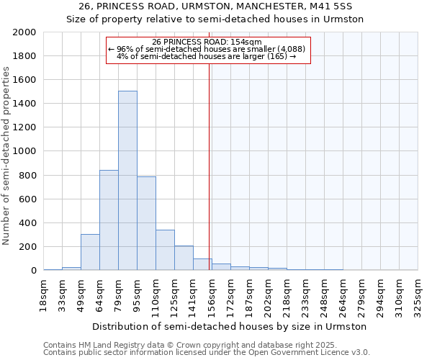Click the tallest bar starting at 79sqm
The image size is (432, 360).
[127, 181]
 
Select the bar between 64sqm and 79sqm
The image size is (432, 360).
[109, 220]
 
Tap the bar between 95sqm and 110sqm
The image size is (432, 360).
[146, 223]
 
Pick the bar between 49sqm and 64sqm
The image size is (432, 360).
[90, 252]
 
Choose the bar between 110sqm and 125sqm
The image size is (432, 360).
[165, 250]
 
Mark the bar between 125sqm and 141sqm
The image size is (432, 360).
[184, 258]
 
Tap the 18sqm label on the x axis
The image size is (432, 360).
[43, 295]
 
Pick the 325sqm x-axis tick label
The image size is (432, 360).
[418, 295]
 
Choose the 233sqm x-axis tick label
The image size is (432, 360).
[305, 295]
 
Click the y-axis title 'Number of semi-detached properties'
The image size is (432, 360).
[6, 156]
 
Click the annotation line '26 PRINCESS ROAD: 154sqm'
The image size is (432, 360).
[207, 42]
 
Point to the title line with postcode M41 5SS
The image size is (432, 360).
[215, 6]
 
